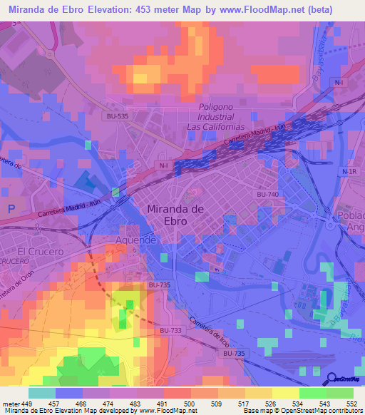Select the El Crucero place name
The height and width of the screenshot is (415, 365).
tap(40, 251)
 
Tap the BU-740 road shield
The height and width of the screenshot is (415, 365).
tap(267, 194)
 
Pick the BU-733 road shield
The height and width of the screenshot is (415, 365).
tap(170, 330)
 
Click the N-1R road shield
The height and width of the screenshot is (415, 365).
tap(349, 172)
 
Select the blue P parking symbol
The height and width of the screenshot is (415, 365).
tap(10, 209)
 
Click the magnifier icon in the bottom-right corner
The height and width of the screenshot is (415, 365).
tap(331, 379)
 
